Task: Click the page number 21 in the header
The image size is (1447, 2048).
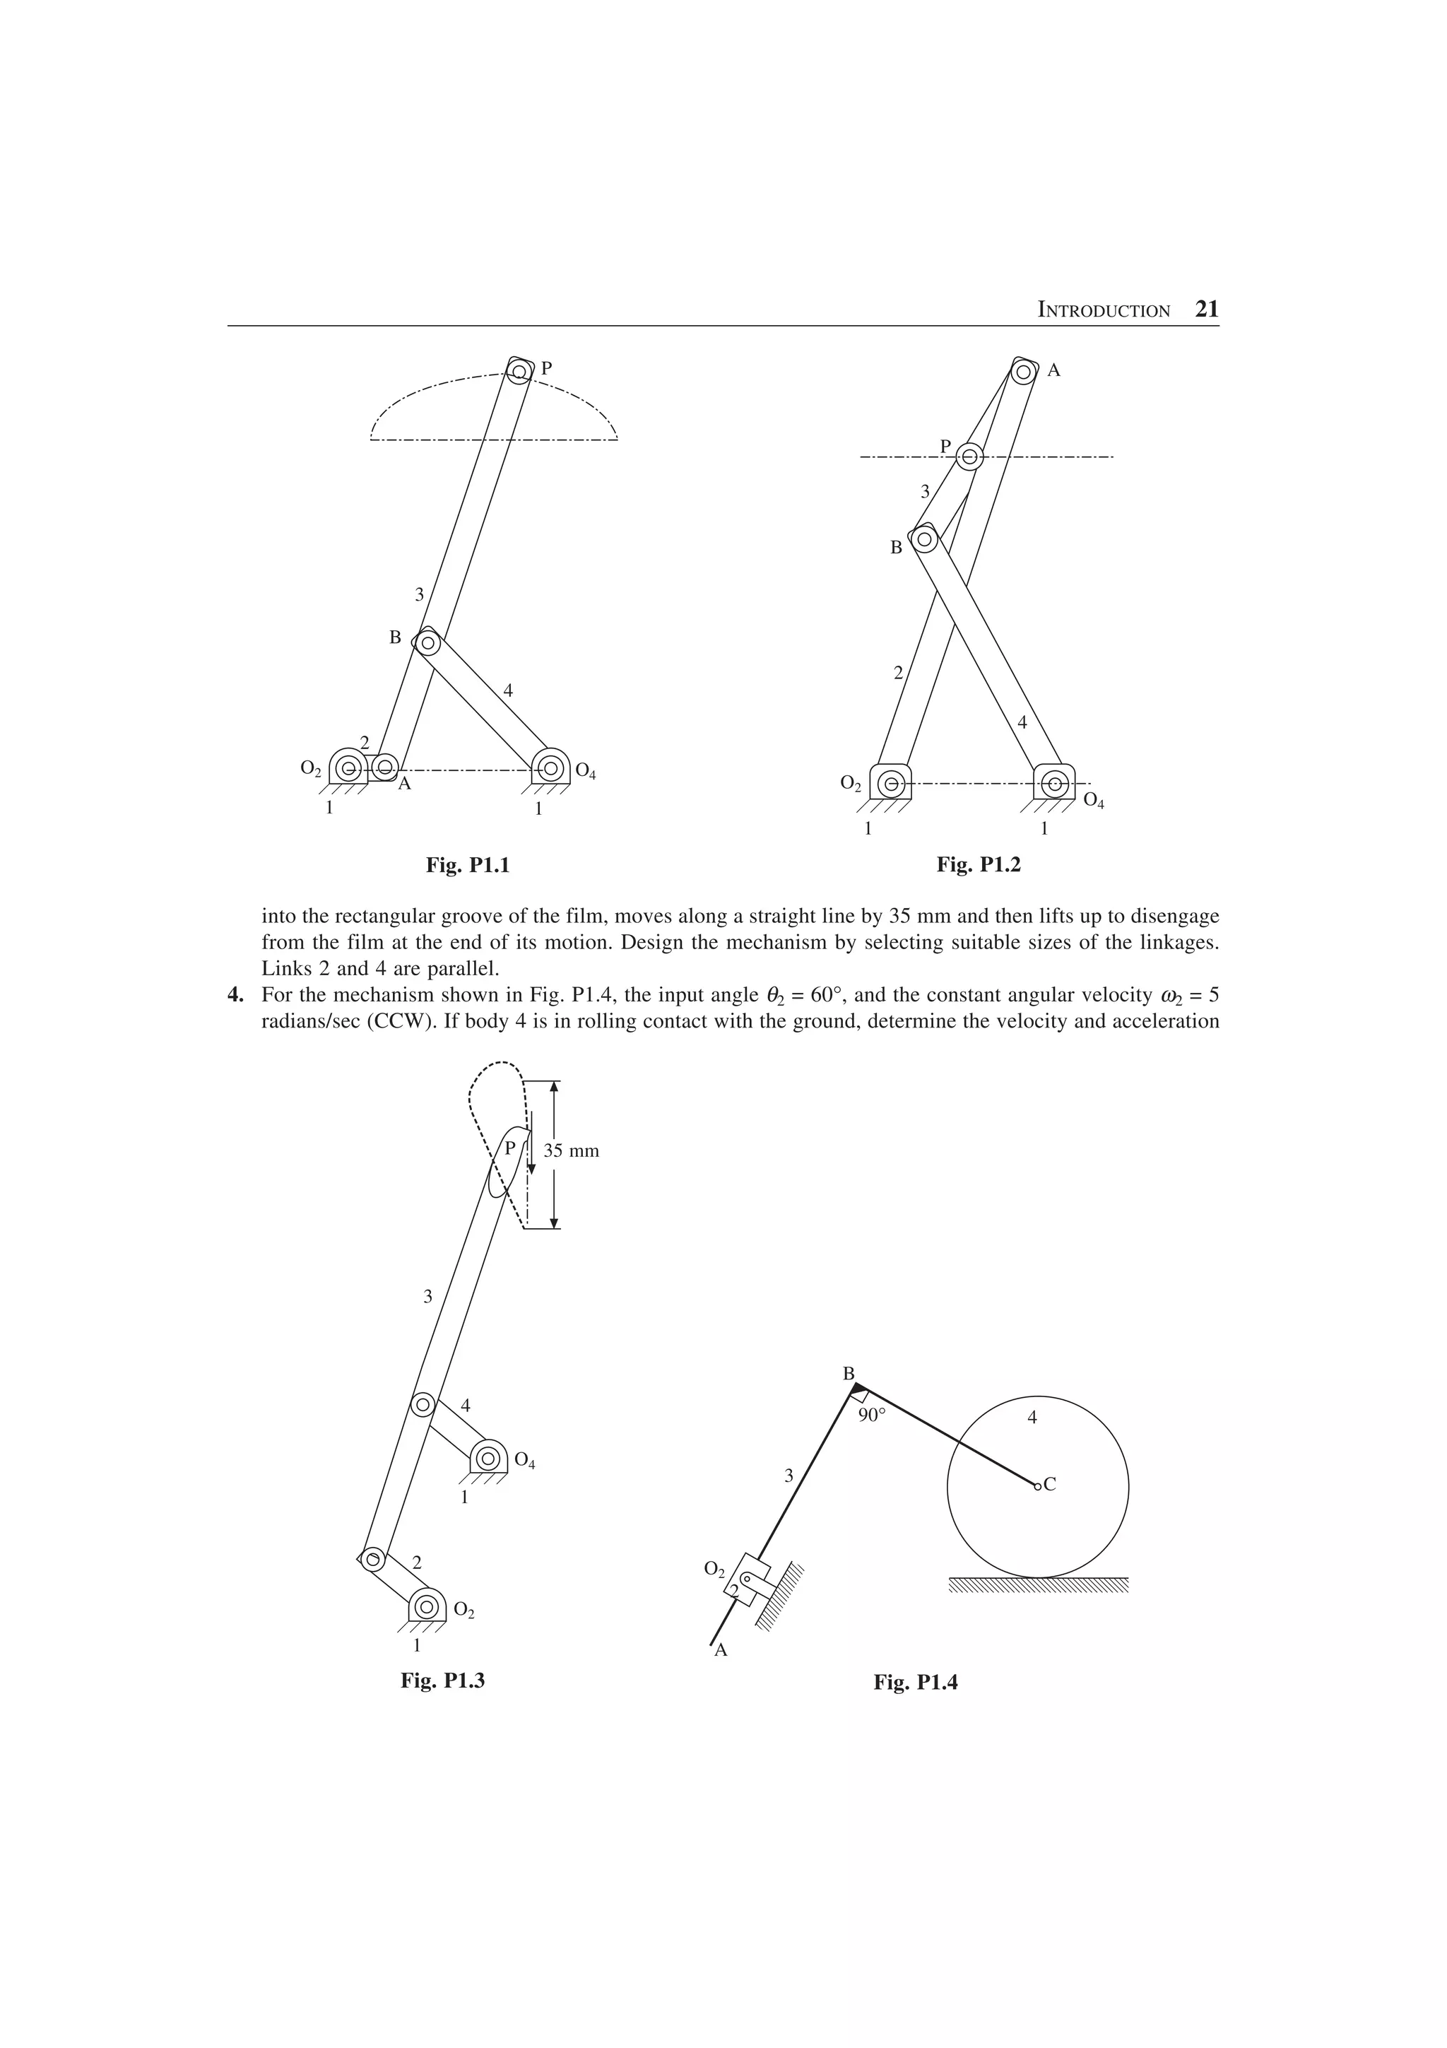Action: [x=1206, y=310]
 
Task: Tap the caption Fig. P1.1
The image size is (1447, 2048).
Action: [x=467, y=864]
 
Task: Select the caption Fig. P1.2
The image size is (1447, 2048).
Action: [x=978, y=864]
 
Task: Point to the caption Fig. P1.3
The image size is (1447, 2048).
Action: [x=442, y=1681]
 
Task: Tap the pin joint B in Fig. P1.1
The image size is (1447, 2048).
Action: [x=428, y=642]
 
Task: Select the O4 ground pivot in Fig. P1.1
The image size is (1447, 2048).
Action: [x=550, y=766]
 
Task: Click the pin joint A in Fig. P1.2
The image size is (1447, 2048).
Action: [x=1024, y=370]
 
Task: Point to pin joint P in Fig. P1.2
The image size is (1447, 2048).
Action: [x=969, y=458]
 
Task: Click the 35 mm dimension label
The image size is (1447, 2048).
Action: [x=572, y=1150]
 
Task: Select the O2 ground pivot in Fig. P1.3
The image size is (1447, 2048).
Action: [x=427, y=1606]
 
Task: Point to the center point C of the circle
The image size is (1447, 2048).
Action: [x=1037, y=1486]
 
